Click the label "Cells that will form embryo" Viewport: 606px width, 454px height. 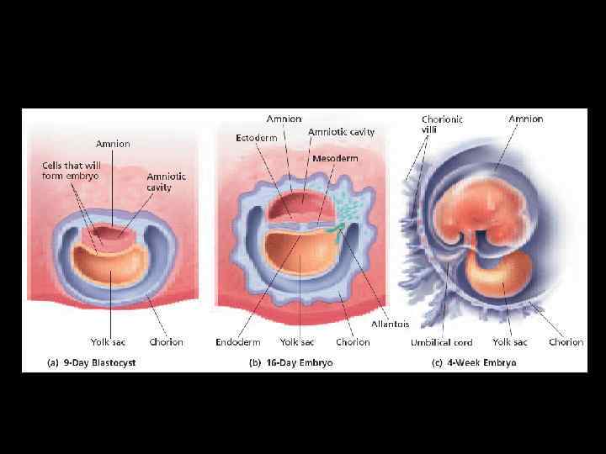[72, 170]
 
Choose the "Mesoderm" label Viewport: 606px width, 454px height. [334, 158]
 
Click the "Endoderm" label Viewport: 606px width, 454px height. [238, 342]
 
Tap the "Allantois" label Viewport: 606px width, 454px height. [389, 324]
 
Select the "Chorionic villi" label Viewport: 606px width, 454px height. [442, 125]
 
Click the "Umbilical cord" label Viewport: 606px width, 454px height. [441, 342]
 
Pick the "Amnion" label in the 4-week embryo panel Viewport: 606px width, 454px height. [526, 119]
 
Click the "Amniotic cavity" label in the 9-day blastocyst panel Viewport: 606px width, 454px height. [167, 182]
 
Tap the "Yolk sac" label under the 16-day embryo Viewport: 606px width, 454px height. [297, 342]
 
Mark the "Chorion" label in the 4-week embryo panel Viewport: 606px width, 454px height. [566, 342]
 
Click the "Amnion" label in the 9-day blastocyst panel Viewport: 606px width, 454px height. [112, 144]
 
